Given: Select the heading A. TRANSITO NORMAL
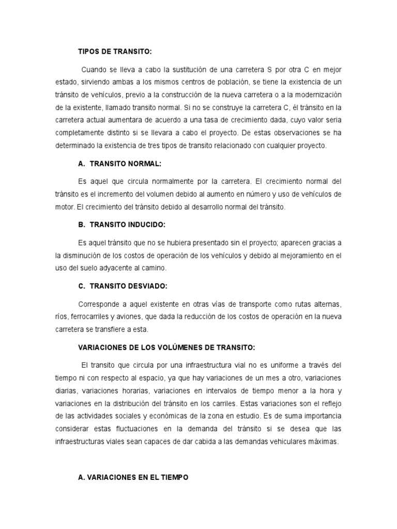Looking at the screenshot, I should point(119,163).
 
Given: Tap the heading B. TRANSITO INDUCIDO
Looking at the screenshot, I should point(120,225).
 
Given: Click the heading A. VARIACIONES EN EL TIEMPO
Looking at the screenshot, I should point(133,478).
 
